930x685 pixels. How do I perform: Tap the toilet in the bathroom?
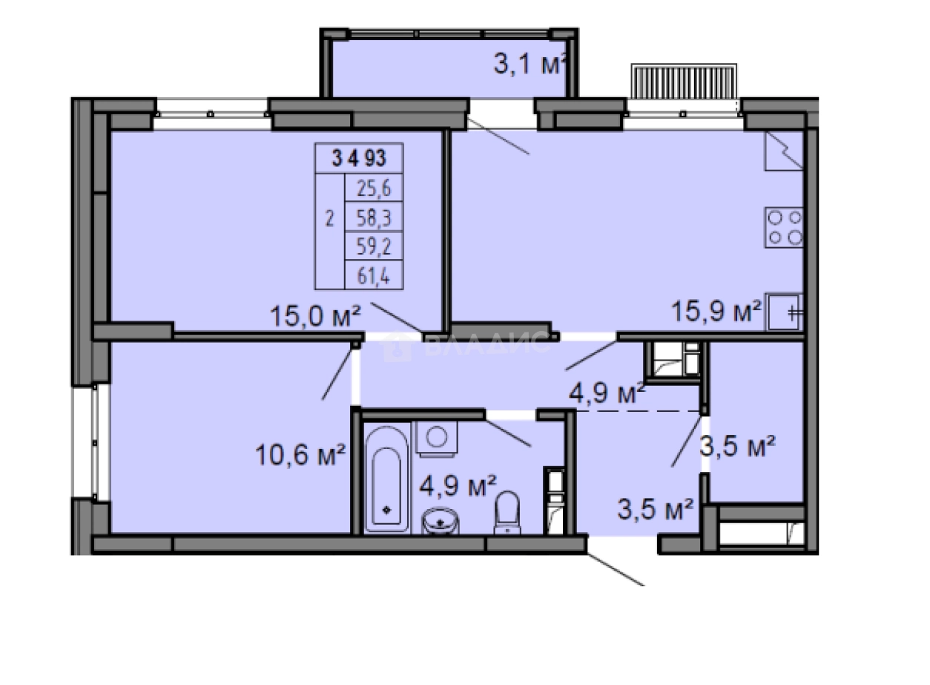[x=508, y=512]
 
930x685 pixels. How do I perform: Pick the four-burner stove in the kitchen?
[x=785, y=227]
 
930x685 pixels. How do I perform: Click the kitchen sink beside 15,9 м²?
[x=785, y=312]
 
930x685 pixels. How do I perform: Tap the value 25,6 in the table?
[x=374, y=189]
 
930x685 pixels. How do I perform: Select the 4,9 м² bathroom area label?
[x=457, y=488]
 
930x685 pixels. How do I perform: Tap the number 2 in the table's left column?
[x=331, y=219]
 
